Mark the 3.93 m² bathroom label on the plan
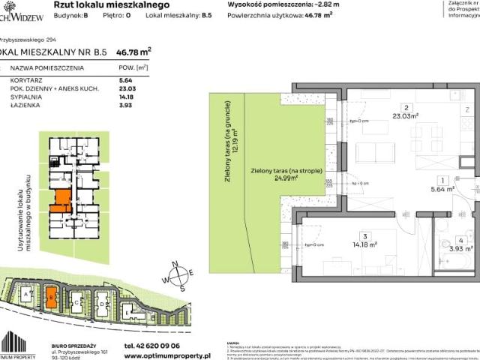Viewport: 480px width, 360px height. (x=461, y=248)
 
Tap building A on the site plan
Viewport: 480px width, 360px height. (x=27, y=297)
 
